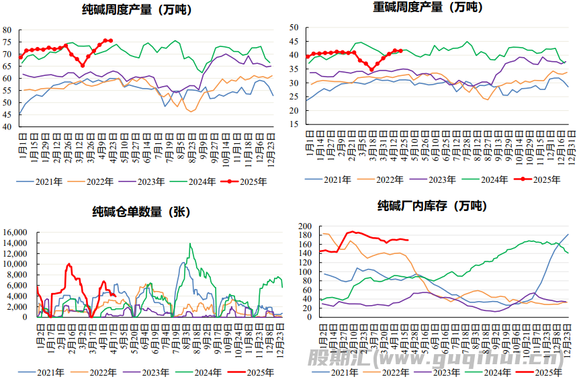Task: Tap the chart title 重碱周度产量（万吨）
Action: click(x=427, y=7)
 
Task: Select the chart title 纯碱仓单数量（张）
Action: click(x=141, y=212)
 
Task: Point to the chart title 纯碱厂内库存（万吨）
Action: click(x=433, y=206)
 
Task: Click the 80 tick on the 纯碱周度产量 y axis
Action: click(x=7, y=30)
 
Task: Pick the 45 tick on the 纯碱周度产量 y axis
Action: click(x=7, y=115)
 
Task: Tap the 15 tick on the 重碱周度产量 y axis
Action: click(x=293, y=125)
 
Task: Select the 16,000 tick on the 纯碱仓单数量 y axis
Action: click(x=14, y=233)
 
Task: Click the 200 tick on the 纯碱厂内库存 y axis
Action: click(x=306, y=226)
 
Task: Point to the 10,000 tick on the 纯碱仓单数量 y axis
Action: click(x=14, y=264)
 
